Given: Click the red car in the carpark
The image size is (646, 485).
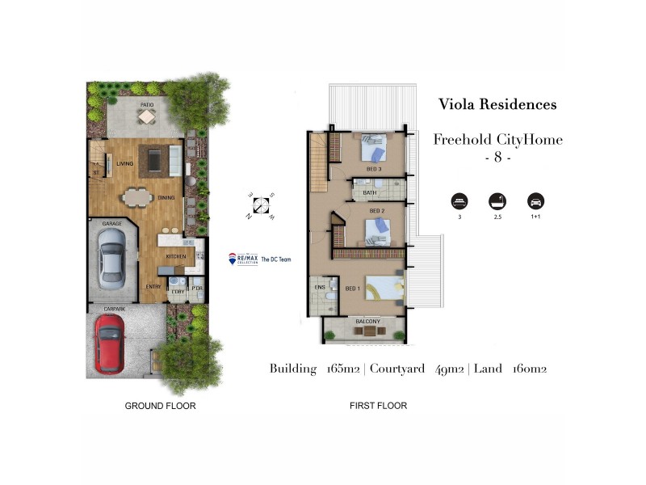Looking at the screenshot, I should coord(109,344).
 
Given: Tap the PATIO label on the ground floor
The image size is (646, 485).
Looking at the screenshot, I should coord(147,105).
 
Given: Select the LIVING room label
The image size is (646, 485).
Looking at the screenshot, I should coord(124,163).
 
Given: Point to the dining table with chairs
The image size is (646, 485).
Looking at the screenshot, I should coord(138,196).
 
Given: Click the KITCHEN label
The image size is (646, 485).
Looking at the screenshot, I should coord(175,256).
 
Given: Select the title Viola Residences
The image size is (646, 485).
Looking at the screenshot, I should coord(497,104).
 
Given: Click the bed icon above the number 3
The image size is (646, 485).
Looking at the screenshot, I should coord(459,201).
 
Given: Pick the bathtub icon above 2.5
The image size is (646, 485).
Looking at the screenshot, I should coord(497,201).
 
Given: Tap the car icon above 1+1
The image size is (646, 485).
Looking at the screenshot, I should coord(535,201).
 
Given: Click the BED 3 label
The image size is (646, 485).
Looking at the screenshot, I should coord(375,169).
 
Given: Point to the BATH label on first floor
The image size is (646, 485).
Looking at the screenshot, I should coord(370,193).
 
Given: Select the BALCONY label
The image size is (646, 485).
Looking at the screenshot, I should coord(368,322).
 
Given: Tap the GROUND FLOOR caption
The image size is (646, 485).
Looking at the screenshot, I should coord(160,405).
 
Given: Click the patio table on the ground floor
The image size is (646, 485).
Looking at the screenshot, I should coord(146,117).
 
